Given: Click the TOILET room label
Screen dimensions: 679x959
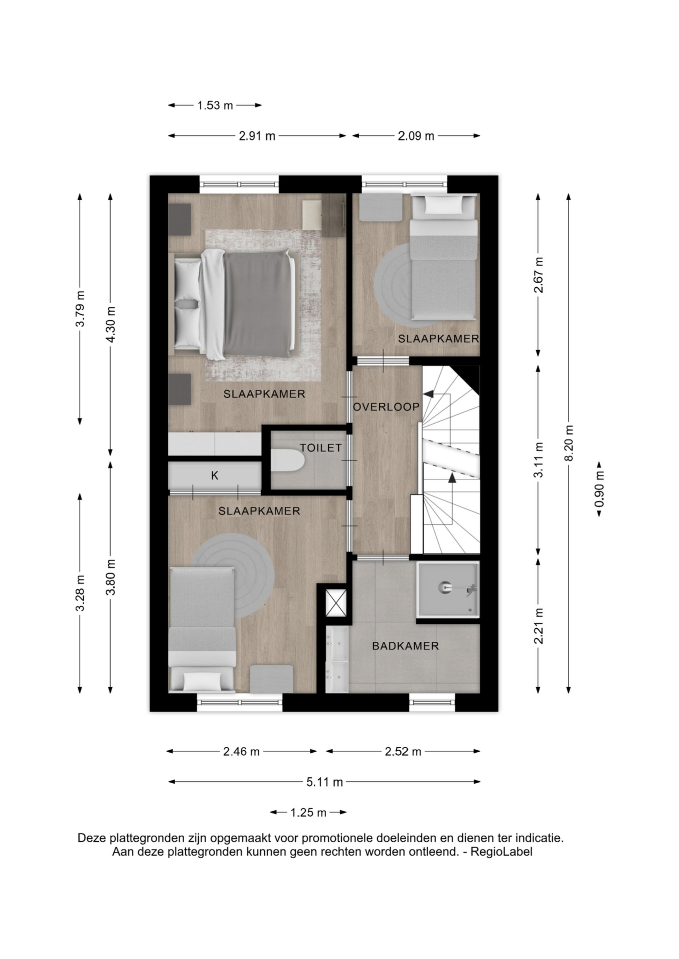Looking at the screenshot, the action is [320, 448].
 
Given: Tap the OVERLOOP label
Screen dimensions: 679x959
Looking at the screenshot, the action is [386, 407].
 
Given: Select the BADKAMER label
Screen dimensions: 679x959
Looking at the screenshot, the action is [405, 646].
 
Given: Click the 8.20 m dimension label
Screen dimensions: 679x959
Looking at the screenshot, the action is [568, 444].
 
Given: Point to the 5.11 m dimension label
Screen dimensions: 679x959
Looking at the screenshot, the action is [324, 782].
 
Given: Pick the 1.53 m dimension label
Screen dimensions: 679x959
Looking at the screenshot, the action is [215, 105].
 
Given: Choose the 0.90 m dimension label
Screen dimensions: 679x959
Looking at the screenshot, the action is [599, 489].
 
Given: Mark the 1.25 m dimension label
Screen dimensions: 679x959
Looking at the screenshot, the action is [308, 813].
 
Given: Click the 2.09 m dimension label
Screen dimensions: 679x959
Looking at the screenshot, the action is [416, 136].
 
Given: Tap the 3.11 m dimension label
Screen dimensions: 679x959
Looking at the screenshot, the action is [538, 460].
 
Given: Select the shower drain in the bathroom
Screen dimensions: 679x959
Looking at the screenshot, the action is [444, 588].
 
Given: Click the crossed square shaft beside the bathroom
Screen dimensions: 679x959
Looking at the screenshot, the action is [336, 603].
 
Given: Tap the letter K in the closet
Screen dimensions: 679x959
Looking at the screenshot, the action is [214, 476].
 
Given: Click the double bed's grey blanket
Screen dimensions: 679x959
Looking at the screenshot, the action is [256, 304].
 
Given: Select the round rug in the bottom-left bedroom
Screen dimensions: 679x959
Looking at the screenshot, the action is [233, 575].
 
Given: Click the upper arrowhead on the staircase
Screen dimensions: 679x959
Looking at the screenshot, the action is [428, 394].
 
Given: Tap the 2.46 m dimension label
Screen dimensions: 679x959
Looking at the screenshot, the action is [241, 752].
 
